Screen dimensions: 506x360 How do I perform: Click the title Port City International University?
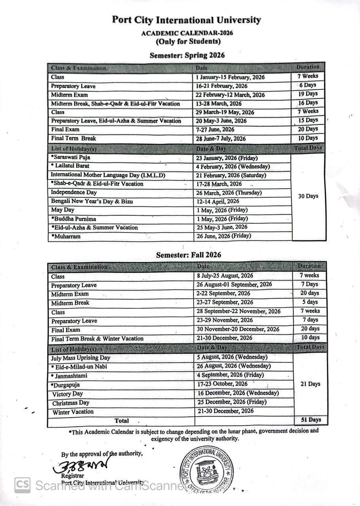(186, 20)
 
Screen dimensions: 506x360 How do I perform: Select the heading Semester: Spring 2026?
(187, 55)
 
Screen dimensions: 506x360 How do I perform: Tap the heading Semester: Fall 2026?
(188, 255)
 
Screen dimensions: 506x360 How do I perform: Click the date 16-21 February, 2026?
(222, 86)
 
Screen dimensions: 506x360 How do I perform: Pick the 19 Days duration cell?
(308, 94)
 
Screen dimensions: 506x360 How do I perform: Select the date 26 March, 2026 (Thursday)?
(229, 193)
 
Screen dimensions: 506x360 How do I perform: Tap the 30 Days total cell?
(308, 196)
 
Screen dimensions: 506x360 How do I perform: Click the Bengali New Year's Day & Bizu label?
(92, 202)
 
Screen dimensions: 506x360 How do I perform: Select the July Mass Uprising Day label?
(81, 358)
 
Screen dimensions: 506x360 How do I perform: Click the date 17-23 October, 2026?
(222, 384)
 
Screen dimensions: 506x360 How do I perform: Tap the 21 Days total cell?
(310, 384)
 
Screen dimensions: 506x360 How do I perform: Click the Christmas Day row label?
(71, 403)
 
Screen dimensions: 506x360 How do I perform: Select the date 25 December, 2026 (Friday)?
(232, 402)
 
